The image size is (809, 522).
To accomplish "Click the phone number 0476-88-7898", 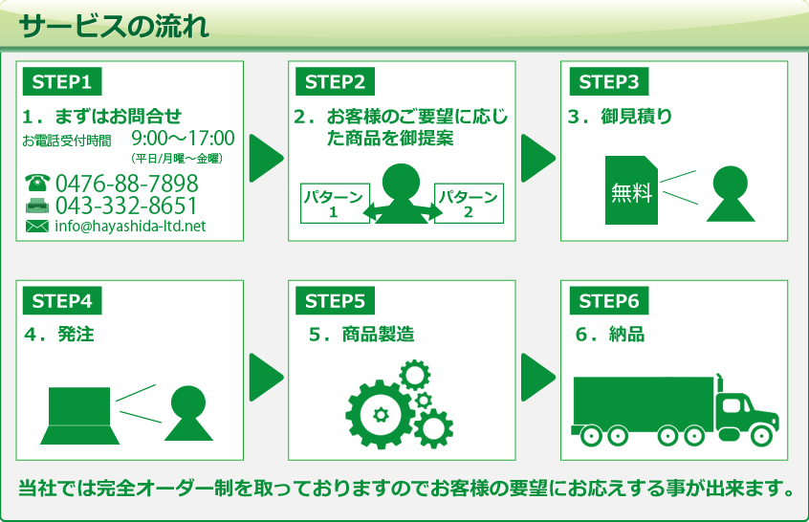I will [x=127, y=184].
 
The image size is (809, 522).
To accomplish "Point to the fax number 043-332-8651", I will [x=127, y=206].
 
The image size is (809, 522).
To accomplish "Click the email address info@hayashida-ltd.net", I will [x=130, y=227].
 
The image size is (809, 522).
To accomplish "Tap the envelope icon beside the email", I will [x=36, y=227].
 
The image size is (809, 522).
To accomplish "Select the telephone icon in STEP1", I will [x=37, y=183].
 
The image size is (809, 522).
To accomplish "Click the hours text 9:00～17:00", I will [x=183, y=139].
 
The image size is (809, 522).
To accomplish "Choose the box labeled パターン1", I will [x=334, y=204].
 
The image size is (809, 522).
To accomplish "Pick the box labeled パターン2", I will [x=469, y=204].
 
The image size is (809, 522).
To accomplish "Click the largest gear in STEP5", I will [x=380, y=414].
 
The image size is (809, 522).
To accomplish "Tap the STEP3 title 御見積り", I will [x=636, y=117].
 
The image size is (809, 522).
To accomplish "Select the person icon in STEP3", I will [x=731, y=194].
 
